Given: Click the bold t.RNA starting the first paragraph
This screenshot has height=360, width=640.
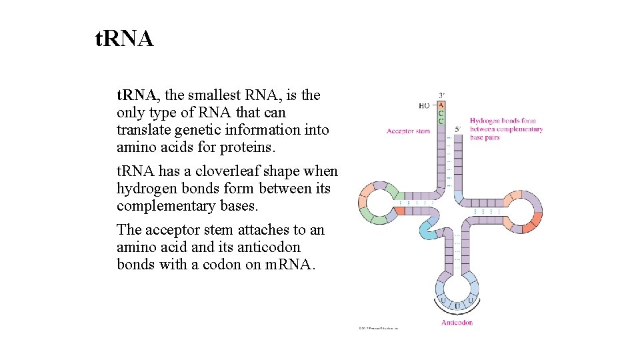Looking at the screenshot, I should (136, 95).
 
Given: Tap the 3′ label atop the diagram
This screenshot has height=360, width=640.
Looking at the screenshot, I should (441, 95).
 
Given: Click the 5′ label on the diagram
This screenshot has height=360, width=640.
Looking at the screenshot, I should (457, 129).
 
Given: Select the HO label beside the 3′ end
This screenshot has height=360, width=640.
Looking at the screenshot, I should (424, 105).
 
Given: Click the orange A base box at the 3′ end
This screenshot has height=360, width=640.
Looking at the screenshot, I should (441, 105).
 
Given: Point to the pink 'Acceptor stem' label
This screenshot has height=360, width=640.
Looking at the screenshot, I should (408, 131).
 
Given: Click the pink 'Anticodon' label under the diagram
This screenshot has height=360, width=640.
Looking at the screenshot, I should (457, 323).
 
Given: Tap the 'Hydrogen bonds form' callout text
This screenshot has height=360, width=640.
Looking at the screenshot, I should (507, 121).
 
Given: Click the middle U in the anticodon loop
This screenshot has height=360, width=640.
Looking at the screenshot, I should (457, 305).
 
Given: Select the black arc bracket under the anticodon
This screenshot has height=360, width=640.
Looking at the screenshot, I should (457, 313).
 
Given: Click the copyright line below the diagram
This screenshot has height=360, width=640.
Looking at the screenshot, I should (378, 328).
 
